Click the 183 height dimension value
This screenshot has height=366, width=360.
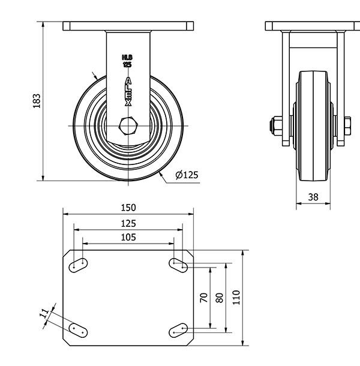[x=37, y=101]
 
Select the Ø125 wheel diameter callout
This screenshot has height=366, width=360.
[x=187, y=175]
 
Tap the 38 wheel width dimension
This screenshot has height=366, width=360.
[x=313, y=197]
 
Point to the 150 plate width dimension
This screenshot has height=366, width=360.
[x=128, y=208]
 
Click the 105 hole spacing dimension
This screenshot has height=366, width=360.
[x=128, y=238]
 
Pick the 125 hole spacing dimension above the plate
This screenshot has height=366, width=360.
[x=128, y=224]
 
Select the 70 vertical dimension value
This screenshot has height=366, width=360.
[x=204, y=298]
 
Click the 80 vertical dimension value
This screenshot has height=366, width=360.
[x=220, y=298]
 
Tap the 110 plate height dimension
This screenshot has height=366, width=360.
[x=236, y=298]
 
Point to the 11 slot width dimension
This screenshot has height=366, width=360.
[x=44, y=313]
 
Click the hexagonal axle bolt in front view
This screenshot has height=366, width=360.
[x=128, y=126]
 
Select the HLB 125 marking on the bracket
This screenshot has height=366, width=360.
[x=127, y=61]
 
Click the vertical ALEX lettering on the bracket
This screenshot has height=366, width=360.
[x=128, y=91]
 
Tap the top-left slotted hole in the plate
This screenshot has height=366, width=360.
[x=78, y=265]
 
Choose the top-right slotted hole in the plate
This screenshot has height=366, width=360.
[x=178, y=265]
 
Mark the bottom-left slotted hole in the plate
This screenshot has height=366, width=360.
[x=78, y=330]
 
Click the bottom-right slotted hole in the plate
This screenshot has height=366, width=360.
[x=178, y=330]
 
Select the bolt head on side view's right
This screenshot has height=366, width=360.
[x=347, y=126]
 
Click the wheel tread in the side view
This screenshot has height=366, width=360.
[x=313, y=126]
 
